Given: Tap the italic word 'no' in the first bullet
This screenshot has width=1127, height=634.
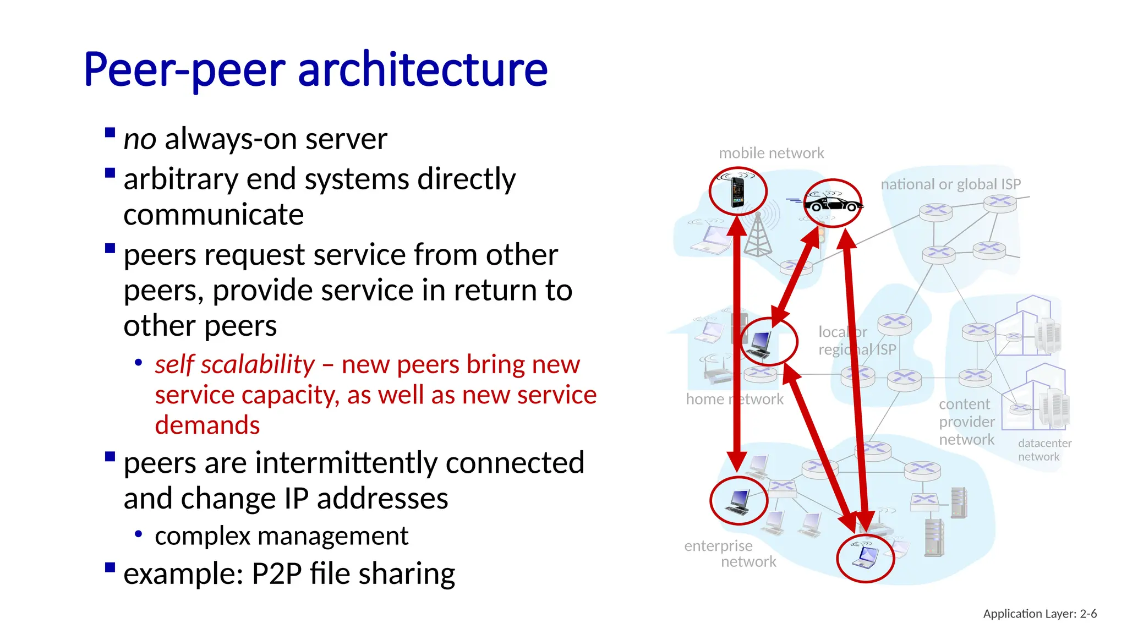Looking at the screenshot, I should tap(140, 139).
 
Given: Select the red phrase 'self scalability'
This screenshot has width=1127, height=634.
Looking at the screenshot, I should tap(234, 364).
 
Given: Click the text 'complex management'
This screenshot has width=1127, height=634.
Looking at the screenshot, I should tap(281, 536).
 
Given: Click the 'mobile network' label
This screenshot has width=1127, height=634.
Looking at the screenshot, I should tap(771, 153).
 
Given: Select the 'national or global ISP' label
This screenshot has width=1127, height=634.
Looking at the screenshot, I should tap(950, 184).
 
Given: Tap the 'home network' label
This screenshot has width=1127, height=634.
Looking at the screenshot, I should tap(734, 399).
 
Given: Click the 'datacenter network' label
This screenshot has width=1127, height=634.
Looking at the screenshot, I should tap(1044, 450).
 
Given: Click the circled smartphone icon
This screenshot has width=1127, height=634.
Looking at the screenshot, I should tap(737, 192).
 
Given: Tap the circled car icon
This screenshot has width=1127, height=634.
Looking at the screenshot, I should tap(833, 203).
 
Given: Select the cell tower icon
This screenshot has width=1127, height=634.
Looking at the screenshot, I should tap(758, 236).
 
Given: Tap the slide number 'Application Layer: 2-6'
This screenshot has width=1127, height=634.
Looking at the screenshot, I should tap(1040, 614).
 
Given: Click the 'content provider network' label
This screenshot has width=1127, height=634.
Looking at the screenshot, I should tap(966, 422).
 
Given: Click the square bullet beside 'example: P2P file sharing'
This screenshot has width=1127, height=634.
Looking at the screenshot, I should tap(110, 567).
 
